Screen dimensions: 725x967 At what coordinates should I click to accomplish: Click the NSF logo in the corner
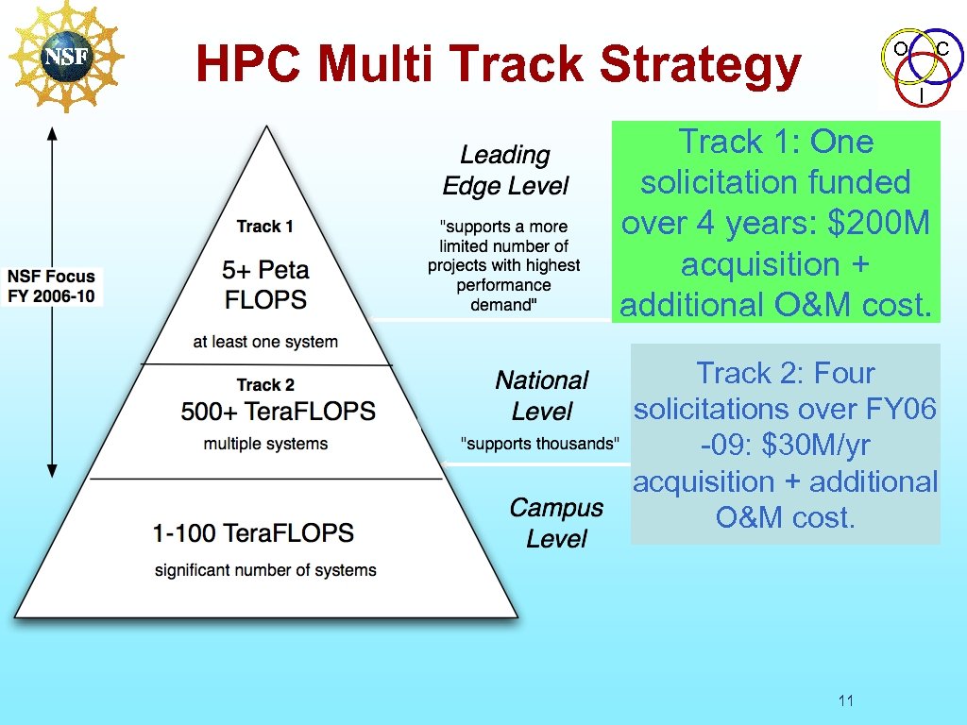[65, 55]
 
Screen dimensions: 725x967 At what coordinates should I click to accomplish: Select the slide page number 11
[845, 700]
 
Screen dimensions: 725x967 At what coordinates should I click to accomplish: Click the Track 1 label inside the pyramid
[264, 227]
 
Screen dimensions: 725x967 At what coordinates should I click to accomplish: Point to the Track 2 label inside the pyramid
[265, 384]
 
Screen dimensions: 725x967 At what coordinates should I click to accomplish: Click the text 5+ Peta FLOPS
[265, 285]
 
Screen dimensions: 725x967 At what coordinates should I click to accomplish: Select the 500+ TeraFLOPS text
[278, 412]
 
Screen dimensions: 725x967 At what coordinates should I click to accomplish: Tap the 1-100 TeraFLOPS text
[253, 532]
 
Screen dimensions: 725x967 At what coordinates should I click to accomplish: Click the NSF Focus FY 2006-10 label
[52, 286]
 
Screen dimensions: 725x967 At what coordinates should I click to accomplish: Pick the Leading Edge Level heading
[505, 170]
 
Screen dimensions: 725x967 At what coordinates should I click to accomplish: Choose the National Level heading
[542, 396]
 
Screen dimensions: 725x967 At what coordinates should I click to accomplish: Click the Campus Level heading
[556, 523]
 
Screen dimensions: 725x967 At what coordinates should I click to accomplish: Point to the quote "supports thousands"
[539, 444]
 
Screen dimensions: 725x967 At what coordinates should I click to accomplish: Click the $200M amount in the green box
[878, 224]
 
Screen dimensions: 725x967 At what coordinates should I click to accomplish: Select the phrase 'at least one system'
[265, 342]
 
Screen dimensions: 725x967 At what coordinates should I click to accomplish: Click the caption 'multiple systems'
[265, 444]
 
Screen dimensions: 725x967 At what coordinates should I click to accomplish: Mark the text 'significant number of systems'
[265, 570]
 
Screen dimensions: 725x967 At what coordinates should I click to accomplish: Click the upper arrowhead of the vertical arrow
[53, 133]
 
